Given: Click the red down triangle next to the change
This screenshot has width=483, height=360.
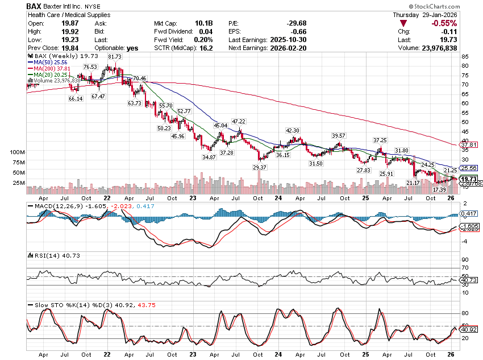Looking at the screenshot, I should tap(403, 23).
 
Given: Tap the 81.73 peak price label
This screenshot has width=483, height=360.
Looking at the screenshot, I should tap(115, 57).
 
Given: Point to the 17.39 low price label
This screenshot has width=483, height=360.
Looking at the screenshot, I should tap(439, 189).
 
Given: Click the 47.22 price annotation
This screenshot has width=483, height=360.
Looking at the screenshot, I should tap(239, 121).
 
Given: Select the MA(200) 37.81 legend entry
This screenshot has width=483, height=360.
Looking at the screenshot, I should tap(51, 69).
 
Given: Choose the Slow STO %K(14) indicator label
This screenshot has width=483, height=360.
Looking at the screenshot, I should tap(63, 305).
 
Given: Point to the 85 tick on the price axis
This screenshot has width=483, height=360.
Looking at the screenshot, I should tap(465, 56).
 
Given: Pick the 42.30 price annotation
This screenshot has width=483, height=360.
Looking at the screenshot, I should tap(292, 131).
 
